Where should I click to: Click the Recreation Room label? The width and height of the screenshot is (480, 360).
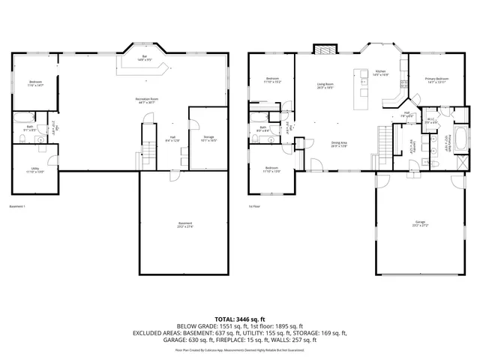[x=146, y=100]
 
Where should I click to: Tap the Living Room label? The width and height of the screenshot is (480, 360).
[x=325, y=85]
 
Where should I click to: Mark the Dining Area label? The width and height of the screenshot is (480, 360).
[x=339, y=144]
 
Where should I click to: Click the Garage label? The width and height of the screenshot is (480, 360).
[x=418, y=223]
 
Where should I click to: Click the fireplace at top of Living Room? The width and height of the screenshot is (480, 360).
[x=324, y=52]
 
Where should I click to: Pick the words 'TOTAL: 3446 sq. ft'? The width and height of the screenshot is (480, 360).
[x=240, y=319]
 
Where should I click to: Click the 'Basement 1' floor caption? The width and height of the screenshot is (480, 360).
[x=17, y=206]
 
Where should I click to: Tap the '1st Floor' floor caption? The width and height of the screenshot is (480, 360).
[x=255, y=206]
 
